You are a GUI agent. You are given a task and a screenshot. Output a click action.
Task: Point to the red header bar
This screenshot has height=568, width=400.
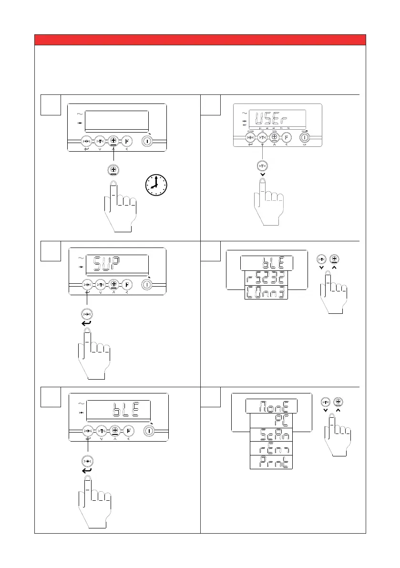coord(200,39)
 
